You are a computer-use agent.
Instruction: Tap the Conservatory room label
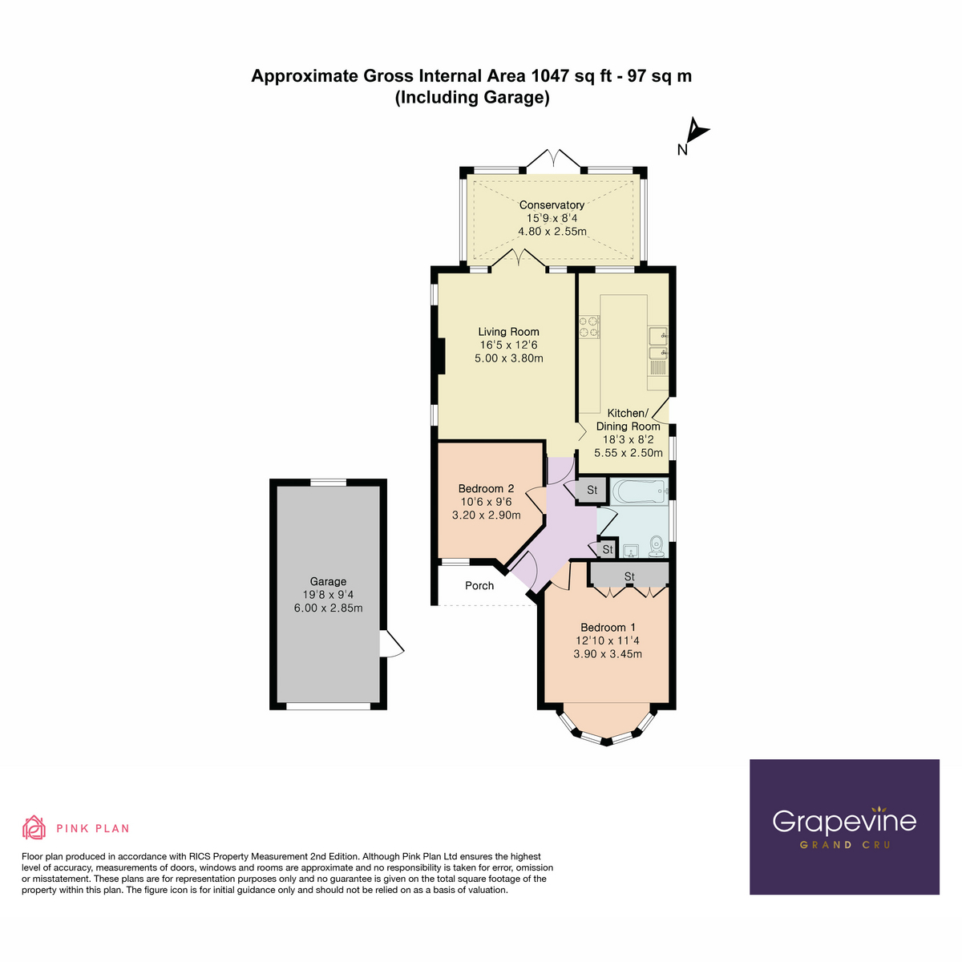(x=552, y=205)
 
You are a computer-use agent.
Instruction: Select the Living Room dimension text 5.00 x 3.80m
(x=508, y=358)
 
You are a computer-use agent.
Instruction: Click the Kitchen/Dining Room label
(x=627, y=420)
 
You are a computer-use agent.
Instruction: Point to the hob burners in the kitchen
(x=589, y=325)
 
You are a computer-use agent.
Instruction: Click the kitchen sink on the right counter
(x=657, y=343)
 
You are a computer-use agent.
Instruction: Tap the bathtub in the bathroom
(x=638, y=490)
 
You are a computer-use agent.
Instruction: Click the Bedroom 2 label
(x=486, y=488)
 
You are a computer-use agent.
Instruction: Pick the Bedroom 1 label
(x=608, y=627)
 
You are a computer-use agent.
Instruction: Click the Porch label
(x=479, y=586)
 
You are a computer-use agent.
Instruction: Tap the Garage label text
(x=328, y=581)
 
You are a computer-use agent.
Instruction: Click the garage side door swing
(x=393, y=645)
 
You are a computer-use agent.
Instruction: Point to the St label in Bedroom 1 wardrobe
(x=629, y=576)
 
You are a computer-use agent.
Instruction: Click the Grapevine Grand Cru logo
(x=844, y=827)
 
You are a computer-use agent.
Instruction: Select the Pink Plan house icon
(x=34, y=827)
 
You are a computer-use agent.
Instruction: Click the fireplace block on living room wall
(x=440, y=356)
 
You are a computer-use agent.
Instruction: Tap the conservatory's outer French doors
(x=552, y=159)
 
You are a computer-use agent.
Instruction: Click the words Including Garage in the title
(x=471, y=98)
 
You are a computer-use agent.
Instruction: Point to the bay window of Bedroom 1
(x=607, y=731)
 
